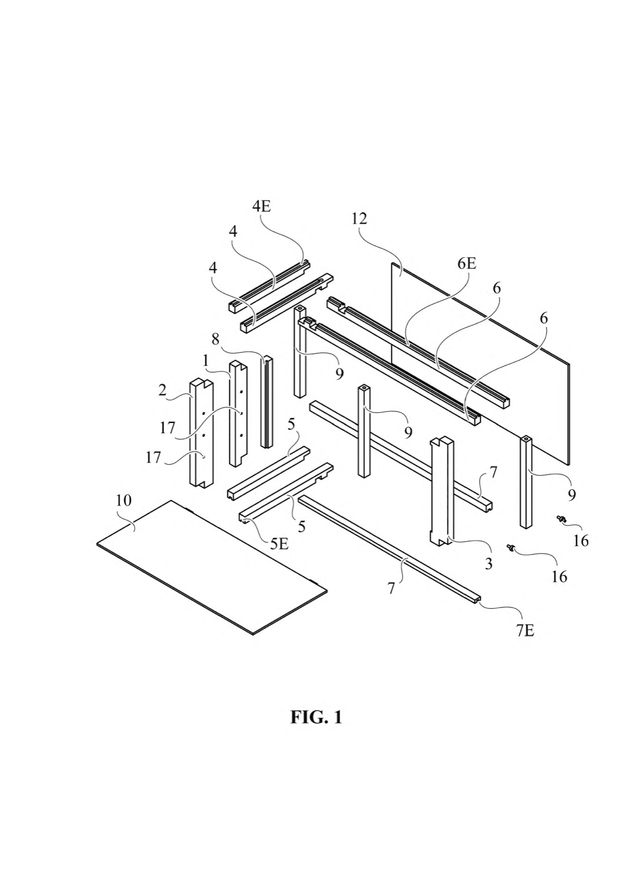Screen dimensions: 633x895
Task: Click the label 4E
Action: click(262, 208)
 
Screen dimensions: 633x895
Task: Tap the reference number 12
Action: click(360, 218)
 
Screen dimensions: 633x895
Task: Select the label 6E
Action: click(467, 264)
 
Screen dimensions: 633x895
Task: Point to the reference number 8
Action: click(215, 340)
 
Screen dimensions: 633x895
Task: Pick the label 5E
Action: click(279, 544)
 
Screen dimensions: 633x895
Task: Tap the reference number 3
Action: click(489, 564)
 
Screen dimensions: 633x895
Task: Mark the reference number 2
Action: click(162, 390)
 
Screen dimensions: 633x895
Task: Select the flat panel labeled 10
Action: click(212, 567)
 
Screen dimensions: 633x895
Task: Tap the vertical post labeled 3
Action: click(441, 492)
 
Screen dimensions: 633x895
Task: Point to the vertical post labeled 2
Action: click(201, 433)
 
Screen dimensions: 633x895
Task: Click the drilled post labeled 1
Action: click(238, 413)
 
